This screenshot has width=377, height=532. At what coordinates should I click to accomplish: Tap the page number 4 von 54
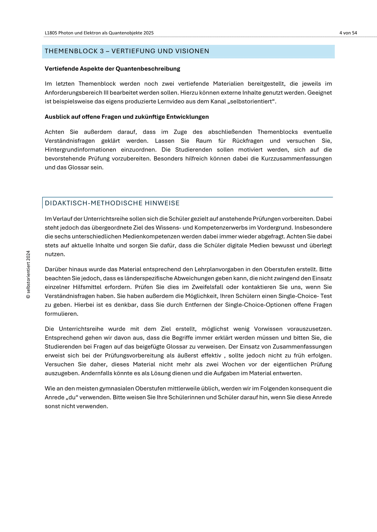coord(348,33)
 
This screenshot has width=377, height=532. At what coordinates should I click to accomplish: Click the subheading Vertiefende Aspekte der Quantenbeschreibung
coord(112,69)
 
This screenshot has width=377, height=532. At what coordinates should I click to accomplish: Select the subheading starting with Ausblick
coord(127,117)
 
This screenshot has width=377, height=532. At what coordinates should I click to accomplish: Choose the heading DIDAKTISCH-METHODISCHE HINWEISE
coord(112,203)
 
